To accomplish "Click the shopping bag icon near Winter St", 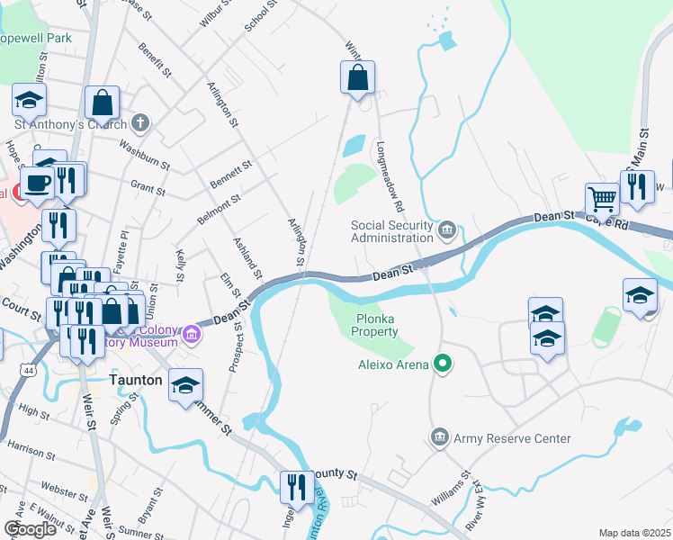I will (x=358, y=78).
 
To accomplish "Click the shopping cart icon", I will (x=602, y=199).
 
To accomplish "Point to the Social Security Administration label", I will (x=391, y=231).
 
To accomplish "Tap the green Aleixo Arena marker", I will (x=442, y=364).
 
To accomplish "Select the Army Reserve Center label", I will (x=512, y=438).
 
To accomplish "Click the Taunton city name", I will (x=135, y=380).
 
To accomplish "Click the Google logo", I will (x=30, y=529).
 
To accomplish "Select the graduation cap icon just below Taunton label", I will (x=185, y=387).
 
